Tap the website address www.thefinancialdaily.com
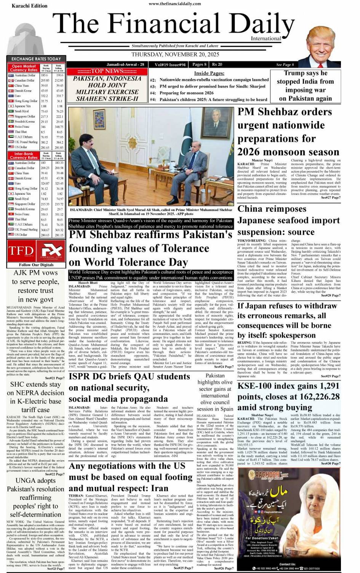point(174,4)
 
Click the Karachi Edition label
point(29,6)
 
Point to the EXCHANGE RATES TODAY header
point(36,59)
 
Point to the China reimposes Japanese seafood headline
point(289,220)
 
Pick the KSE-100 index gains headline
point(288,396)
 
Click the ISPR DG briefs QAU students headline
point(129,387)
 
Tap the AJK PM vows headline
point(35,286)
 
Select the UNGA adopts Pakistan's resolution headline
point(35,498)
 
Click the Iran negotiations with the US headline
point(131,477)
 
